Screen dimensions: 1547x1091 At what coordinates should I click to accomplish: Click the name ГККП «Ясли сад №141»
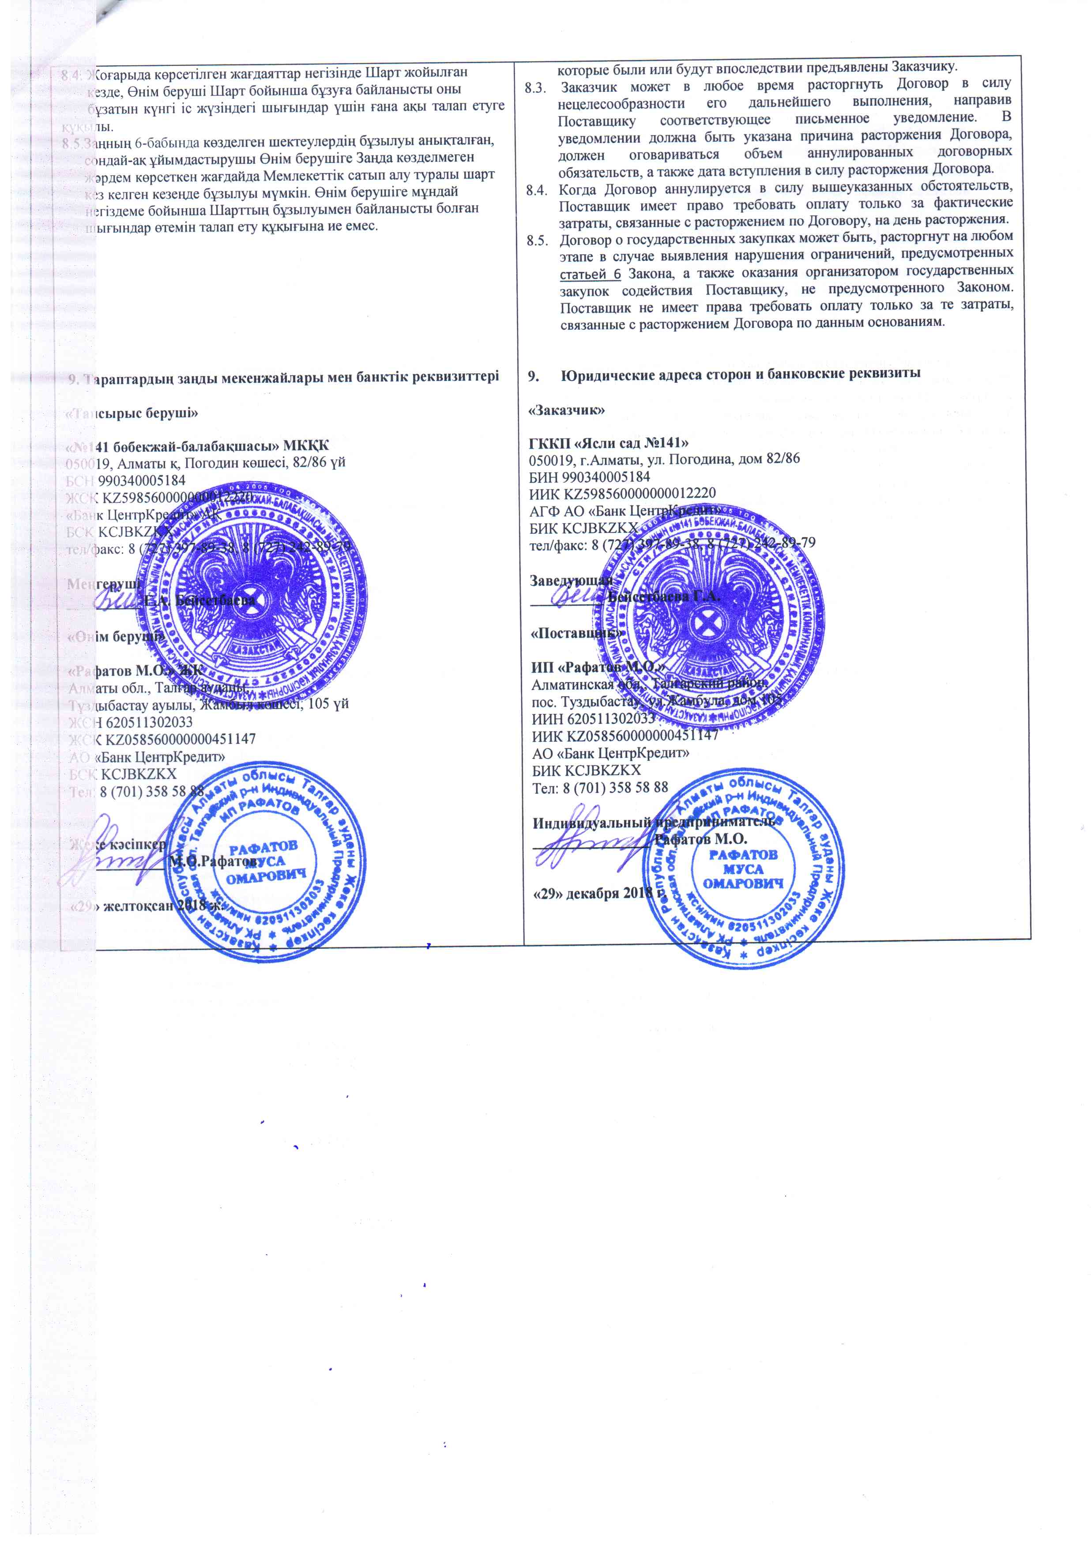(x=608, y=443)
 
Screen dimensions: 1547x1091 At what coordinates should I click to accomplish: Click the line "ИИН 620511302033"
(x=593, y=718)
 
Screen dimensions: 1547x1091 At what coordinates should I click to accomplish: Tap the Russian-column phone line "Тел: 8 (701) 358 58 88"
(x=599, y=787)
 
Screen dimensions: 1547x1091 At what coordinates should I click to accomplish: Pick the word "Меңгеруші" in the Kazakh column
(x=105, y=584)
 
